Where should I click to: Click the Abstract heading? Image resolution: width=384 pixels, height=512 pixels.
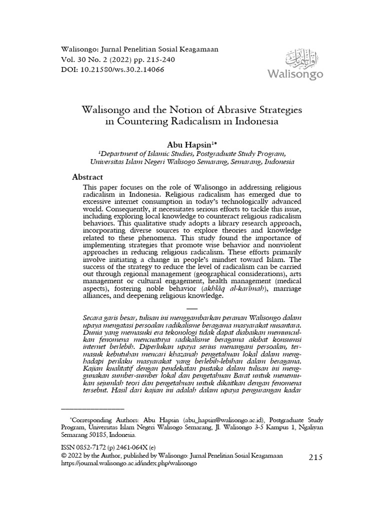[x=88, y=177]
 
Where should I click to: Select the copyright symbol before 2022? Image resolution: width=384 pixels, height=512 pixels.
[x=63, y=455]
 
